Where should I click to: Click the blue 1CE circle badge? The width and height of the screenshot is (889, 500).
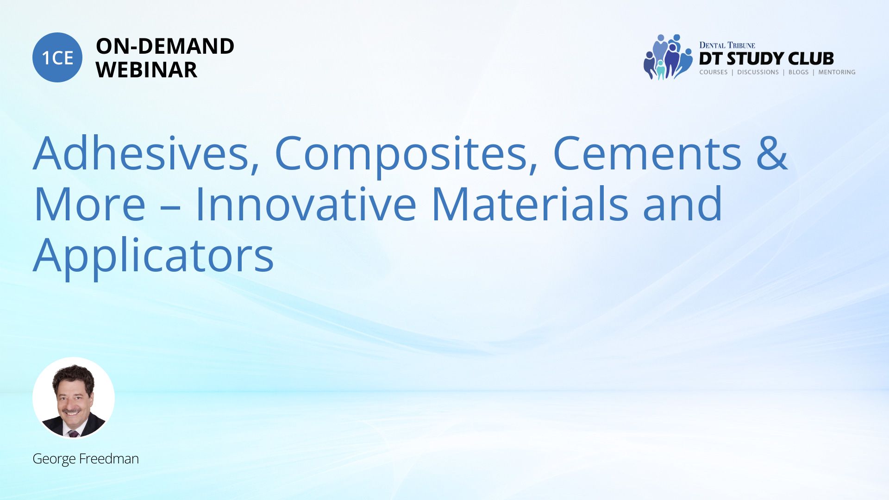[x=57, y=57]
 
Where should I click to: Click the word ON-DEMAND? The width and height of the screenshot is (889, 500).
[x=165, y=46]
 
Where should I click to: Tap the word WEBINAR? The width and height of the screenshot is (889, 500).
[x=146, y=70]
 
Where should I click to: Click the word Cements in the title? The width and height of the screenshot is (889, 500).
[x=647, y=154]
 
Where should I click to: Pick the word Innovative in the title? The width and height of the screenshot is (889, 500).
[x=306, y=204]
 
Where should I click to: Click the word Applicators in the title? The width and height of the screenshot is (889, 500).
[x=154, y=257]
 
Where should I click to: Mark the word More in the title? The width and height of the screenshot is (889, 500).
[x=89, y=204]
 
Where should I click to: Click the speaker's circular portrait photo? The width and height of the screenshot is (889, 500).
[x=74, y=398]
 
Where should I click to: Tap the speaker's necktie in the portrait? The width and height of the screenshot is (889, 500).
[x=73, y=434]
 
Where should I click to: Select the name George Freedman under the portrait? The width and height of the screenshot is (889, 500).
[x=86, y=459]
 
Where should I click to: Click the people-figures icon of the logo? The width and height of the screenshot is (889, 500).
[x=667, y=56]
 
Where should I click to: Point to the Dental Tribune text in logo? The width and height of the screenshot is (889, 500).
[x=727, y=45]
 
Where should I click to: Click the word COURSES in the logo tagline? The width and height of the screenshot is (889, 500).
[x=714, y=72]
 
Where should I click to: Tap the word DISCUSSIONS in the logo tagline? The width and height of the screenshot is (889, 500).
[x=758, y=72]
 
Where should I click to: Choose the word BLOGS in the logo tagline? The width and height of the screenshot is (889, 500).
[x=798, y=72]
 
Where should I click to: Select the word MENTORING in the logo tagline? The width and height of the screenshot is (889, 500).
[x=837, y=72]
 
